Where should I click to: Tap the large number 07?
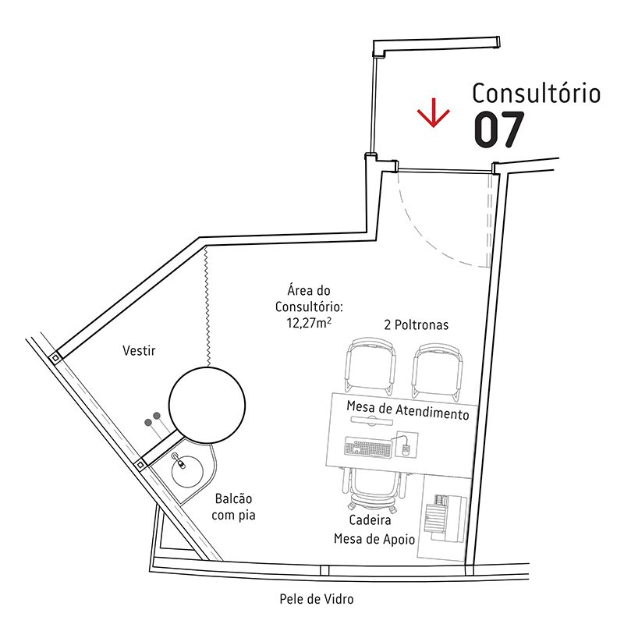click(x=498, y=130)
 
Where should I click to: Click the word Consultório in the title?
click(x=537, y=94)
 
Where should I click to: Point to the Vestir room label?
click(x=139, y=351)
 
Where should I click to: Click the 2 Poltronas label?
click(x=416, y=324)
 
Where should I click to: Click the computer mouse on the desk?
click(x=406, y=448)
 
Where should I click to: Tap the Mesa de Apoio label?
click(x=374, y=538)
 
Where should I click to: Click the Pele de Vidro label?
click(x=317, y=599)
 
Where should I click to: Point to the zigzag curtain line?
click(x=206, y=304)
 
